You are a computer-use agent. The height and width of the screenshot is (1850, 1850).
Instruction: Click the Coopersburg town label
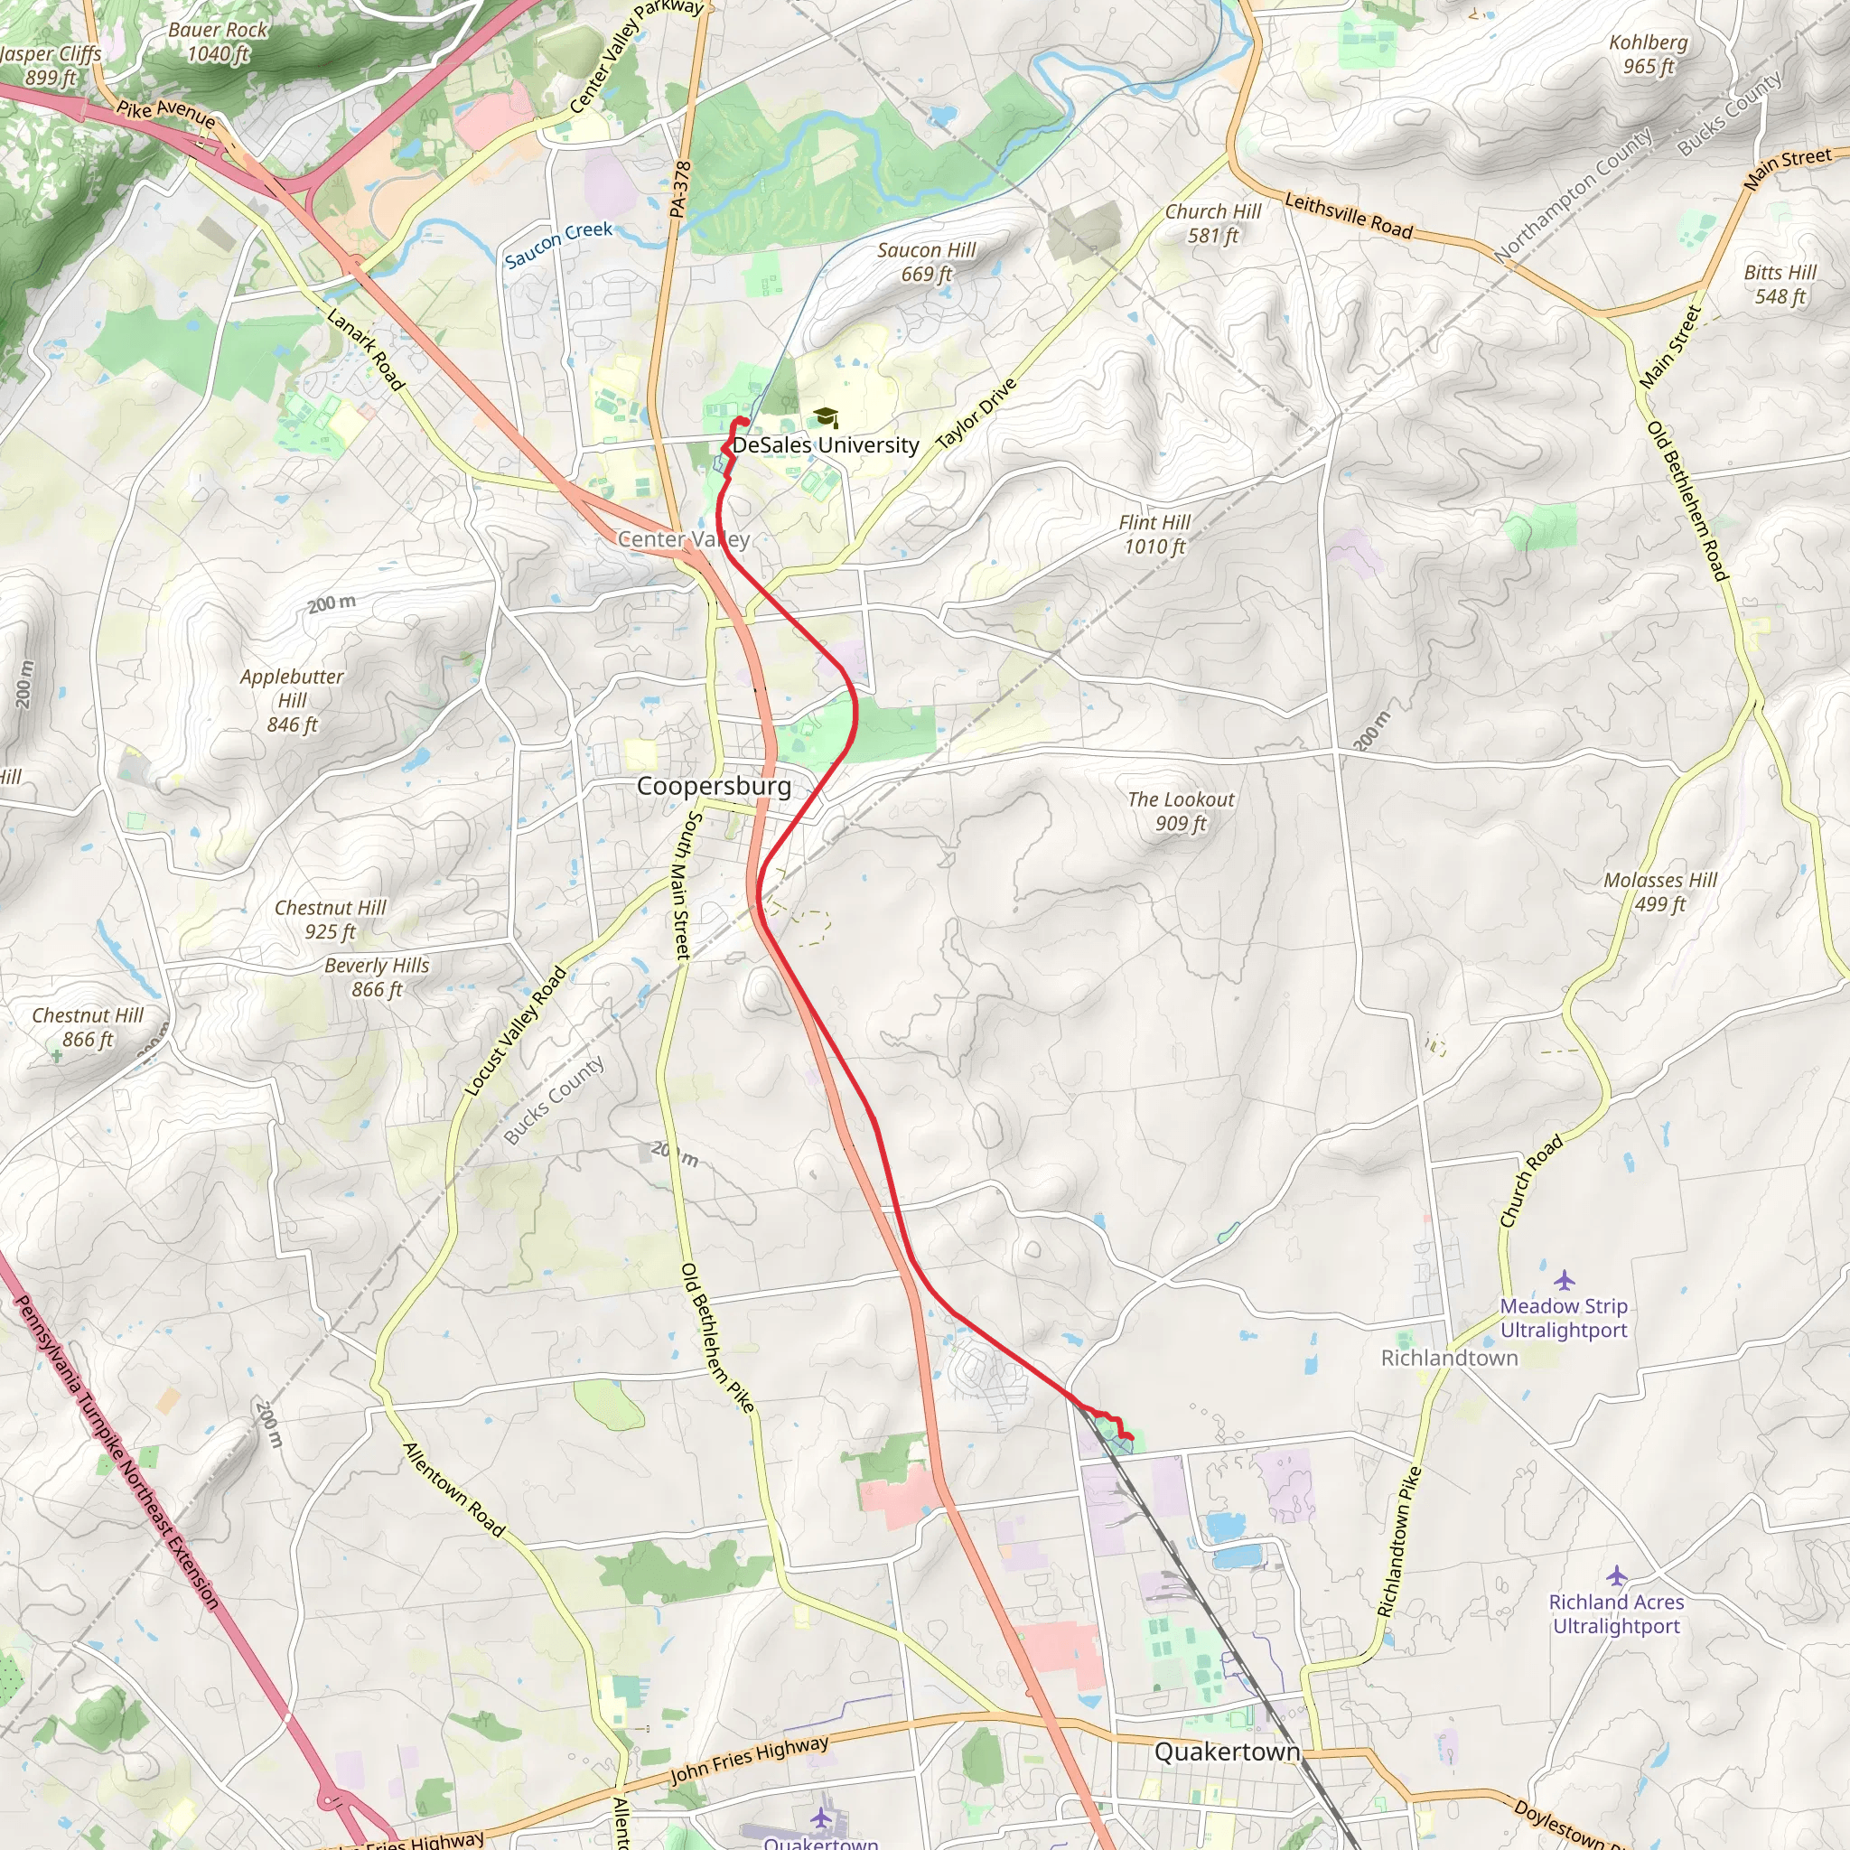714,786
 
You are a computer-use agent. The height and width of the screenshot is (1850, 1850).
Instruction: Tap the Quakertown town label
1227,1752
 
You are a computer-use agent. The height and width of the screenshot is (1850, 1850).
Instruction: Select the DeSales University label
826,445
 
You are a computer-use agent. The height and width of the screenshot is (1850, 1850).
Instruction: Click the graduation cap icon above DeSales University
826,417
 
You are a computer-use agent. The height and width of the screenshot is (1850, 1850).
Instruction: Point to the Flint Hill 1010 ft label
1154,535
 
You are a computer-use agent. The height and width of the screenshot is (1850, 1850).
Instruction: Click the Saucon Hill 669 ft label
926,262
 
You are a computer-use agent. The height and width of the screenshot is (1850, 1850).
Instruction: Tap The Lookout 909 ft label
1180,811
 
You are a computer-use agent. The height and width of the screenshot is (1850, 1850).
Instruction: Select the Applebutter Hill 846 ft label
291,700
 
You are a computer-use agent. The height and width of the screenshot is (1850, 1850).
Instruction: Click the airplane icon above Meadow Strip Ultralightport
1564,1280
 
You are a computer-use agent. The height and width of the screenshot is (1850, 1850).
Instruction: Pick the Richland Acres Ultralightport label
1615,1613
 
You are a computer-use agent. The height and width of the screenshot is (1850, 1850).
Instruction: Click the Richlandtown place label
1449,1358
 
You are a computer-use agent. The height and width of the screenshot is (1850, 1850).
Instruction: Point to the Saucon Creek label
558,244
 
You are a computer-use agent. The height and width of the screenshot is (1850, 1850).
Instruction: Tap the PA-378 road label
680,189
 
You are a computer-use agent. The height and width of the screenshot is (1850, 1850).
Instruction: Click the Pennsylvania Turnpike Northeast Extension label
117,1452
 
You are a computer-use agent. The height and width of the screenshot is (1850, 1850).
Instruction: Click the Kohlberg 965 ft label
1648,54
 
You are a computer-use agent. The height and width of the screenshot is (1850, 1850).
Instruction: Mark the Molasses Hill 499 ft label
1659,892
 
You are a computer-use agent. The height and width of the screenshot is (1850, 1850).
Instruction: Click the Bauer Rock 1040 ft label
218,42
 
